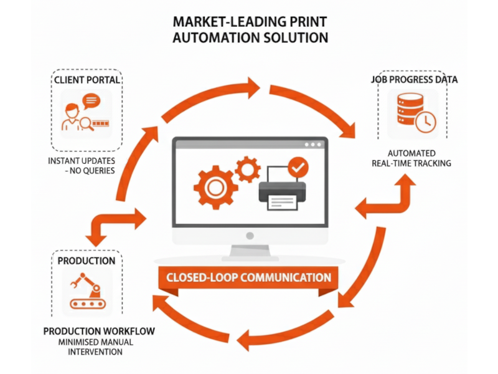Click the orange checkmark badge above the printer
click(298, 166)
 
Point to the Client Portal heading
click(87, 80)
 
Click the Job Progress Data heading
click(414, 80)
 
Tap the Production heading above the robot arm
click(87, 261)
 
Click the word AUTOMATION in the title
click(210, 38)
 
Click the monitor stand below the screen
click(249, 252)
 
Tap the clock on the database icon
click(426, 121)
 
